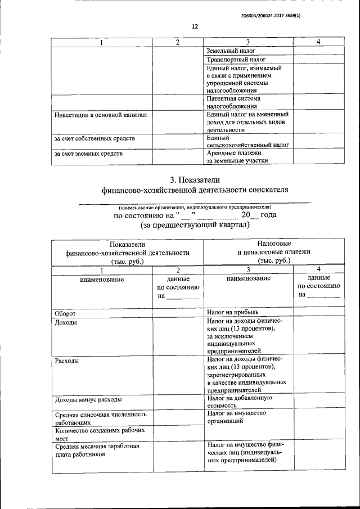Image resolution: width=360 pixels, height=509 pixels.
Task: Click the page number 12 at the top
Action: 195,26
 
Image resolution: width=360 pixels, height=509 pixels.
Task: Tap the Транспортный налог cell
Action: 236,59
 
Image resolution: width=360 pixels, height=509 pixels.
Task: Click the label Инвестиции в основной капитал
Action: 101,115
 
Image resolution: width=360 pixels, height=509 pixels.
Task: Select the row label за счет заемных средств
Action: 88,152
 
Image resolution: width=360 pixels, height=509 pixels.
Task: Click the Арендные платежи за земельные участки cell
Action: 236,156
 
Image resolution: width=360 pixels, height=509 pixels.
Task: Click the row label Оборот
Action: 65,313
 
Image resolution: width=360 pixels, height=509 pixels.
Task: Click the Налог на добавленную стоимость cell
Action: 240,400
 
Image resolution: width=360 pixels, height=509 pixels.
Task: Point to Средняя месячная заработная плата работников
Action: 96,451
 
